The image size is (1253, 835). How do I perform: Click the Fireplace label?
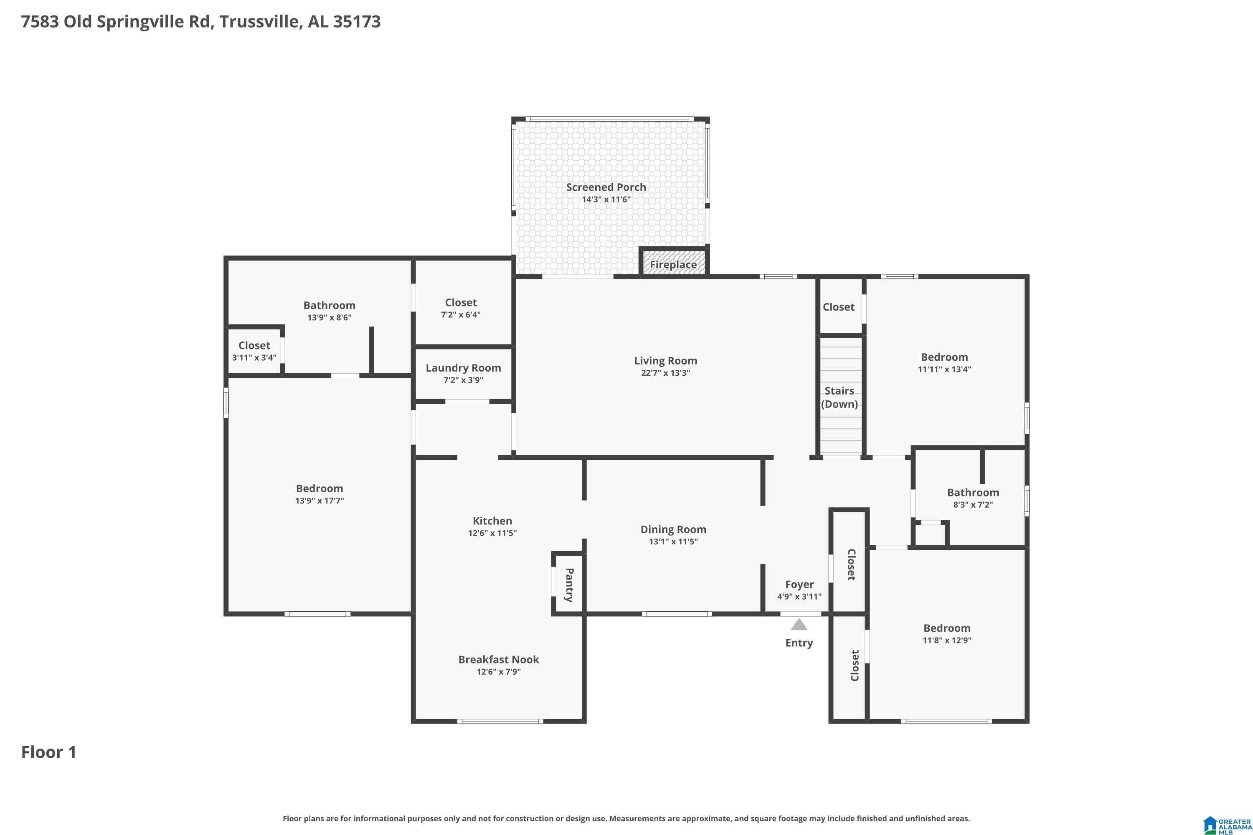coord(673,265)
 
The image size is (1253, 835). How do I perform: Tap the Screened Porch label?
coord(606,187)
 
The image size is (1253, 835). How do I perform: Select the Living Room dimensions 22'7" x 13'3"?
coord(665,373)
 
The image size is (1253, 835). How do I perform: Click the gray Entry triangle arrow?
coord(799,624)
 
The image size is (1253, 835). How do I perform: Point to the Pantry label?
coord(569,585)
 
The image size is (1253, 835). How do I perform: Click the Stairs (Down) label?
coord(840,397)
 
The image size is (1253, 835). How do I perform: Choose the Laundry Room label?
coord(463,368)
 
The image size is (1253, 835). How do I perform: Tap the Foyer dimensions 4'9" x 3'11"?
coord(799,597)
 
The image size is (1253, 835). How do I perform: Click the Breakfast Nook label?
coord(499,659)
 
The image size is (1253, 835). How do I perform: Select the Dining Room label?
coord(673,529)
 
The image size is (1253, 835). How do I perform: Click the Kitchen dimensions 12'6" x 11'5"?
coord(492,533)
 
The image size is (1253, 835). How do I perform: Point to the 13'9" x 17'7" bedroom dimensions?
coord(320,501)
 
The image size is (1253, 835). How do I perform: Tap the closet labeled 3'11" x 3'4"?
coord(254,346)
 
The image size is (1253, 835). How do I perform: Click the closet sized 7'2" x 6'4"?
coord(461,302)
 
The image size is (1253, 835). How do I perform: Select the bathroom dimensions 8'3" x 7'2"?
coord(973,505)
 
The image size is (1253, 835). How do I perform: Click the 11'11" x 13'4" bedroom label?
coord(944,357)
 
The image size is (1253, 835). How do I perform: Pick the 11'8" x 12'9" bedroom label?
coord(947,628)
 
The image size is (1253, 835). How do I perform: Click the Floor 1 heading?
coord(49,752)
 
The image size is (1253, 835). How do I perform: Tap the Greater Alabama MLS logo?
coord(1226,825)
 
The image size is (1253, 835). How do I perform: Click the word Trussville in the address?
coord(259,22)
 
